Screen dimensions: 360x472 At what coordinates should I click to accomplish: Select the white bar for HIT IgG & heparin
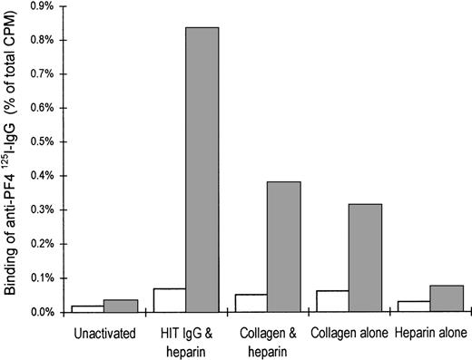pos(170,300)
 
